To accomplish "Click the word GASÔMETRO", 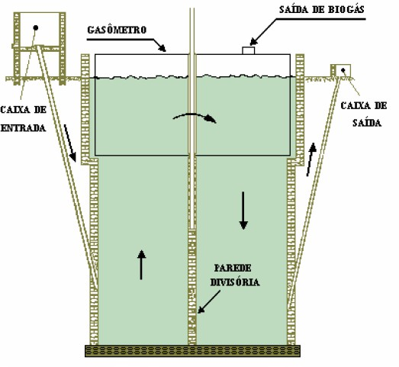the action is [x=117, y=30].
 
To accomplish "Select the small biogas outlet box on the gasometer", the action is [x=249, y=50].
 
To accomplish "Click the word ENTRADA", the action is [x=23, y=127].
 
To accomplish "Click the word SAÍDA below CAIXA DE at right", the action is [x=367, y=123].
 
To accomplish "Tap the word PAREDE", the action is [x=233, y=268].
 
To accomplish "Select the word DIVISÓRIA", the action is [x=235, y=282].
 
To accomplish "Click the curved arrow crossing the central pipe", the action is [x=195, y=117].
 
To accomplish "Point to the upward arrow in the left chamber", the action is [x=141, y=265].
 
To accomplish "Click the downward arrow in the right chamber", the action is [x=243, y=211].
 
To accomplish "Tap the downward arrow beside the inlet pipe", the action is [x=70, y=143].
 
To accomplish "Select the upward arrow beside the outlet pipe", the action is [x=311, y=159].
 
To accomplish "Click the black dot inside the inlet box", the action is [x=36, y=27].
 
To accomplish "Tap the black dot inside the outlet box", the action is [x=343, y=69].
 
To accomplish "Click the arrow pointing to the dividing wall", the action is [x=209, y=302].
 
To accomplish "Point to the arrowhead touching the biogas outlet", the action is [x=253, y=42].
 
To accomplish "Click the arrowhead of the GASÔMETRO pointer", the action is [x=162, y=48].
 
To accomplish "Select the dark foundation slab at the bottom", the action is [x=192, y=351].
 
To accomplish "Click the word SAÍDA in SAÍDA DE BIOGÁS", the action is [x=292, y=9].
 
